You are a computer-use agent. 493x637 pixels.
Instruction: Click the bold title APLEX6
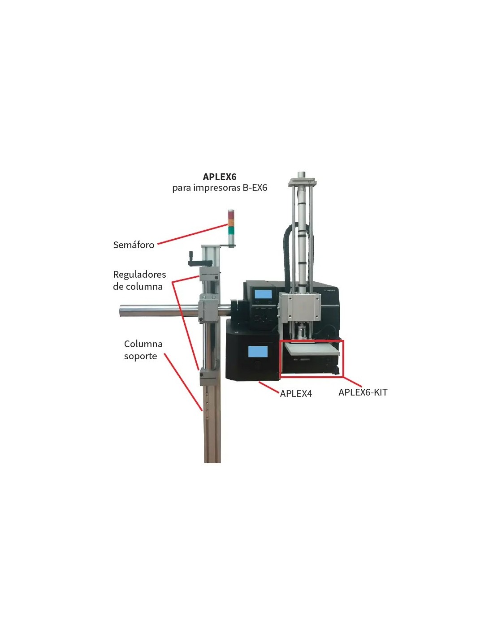(220, 177)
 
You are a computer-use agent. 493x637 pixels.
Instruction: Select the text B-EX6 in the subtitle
(255, 188)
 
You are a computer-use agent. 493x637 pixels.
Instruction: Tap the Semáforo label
(134, 245)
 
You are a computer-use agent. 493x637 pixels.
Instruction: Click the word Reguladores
(139, 275)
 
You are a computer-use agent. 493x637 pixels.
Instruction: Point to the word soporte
(140, 357)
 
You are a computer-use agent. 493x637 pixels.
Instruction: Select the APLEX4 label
(296, 394)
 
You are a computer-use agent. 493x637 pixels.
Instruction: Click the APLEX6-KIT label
(363, 392)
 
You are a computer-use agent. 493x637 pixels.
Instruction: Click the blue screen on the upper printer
(263, 295)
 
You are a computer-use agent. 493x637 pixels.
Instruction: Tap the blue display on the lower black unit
(258, 352)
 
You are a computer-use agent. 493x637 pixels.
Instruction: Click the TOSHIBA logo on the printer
(329, 291)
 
